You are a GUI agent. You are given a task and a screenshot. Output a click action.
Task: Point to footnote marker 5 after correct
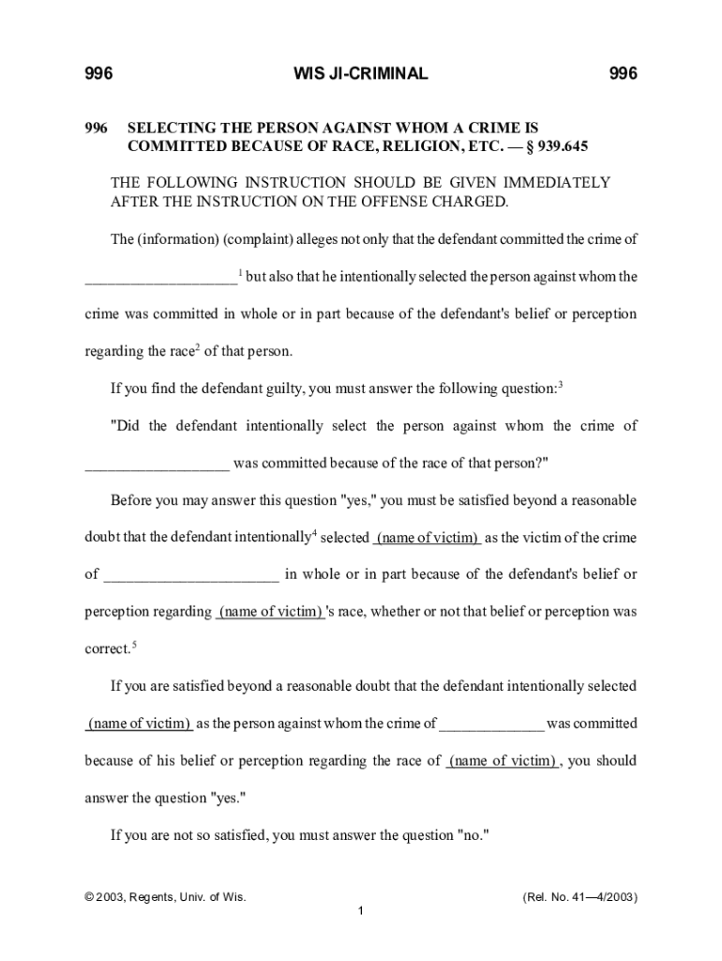[x=135, y=644]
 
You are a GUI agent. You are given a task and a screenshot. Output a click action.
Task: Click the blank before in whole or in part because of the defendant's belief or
[x=191, y=574]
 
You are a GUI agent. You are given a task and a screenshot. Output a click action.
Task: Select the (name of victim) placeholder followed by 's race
[x=270, y=612]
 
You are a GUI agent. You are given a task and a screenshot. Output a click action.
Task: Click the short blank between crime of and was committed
[x=491, y=724]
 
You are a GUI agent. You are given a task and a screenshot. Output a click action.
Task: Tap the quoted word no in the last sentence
[x=472, y=835]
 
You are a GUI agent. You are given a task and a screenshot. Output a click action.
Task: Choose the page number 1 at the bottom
[x=360, y=911]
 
